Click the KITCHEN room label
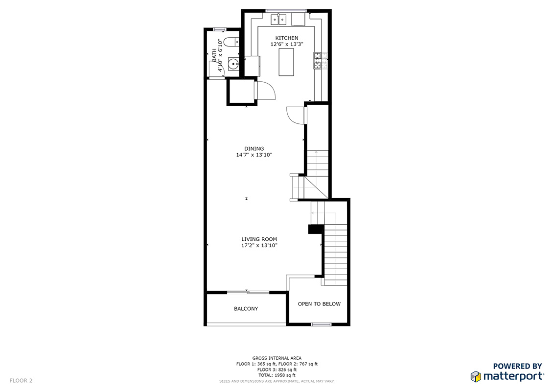coord(286,38)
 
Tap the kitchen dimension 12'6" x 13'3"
coord(286,44)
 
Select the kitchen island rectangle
coord(286,62)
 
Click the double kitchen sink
coord(279,20)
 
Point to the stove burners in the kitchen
coord(318,60)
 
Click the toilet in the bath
coord(231,42)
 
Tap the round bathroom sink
coord(233,64)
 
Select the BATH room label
coord(214,55)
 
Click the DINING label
coord(254,149)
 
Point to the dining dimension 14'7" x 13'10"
coord(254,155)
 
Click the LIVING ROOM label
coord(259,239)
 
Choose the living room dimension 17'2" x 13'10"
coord(259,245)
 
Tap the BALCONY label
coord(246,309)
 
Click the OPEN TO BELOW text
coord(319,304)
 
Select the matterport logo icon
coord(476,376)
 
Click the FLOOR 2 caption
coord(21,380)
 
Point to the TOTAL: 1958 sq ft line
coord(277,375)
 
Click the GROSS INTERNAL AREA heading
coord(277,358)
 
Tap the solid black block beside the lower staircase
coord(316,229)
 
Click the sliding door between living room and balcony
coord(248,292)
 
